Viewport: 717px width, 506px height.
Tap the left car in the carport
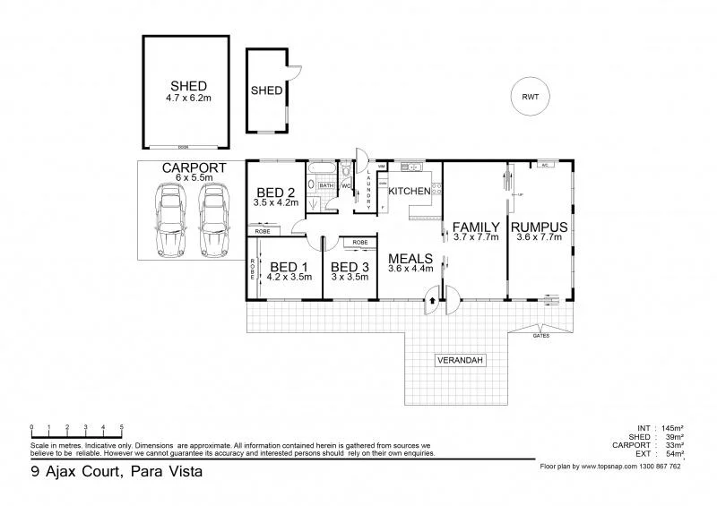[169, 219]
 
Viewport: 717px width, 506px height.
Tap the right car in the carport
[213, 219]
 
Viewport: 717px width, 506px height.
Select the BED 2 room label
[276, 192]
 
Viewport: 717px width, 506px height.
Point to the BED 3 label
[350, 266]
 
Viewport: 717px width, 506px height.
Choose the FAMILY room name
[475, 227]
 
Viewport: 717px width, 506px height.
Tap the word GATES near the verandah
[540, 336]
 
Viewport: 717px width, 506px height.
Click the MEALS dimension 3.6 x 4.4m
[410, 268]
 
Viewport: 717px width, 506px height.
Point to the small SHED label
[266, 90]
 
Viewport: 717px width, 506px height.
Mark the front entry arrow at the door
[431, 301]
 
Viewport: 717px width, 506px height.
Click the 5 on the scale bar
[121, 425]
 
